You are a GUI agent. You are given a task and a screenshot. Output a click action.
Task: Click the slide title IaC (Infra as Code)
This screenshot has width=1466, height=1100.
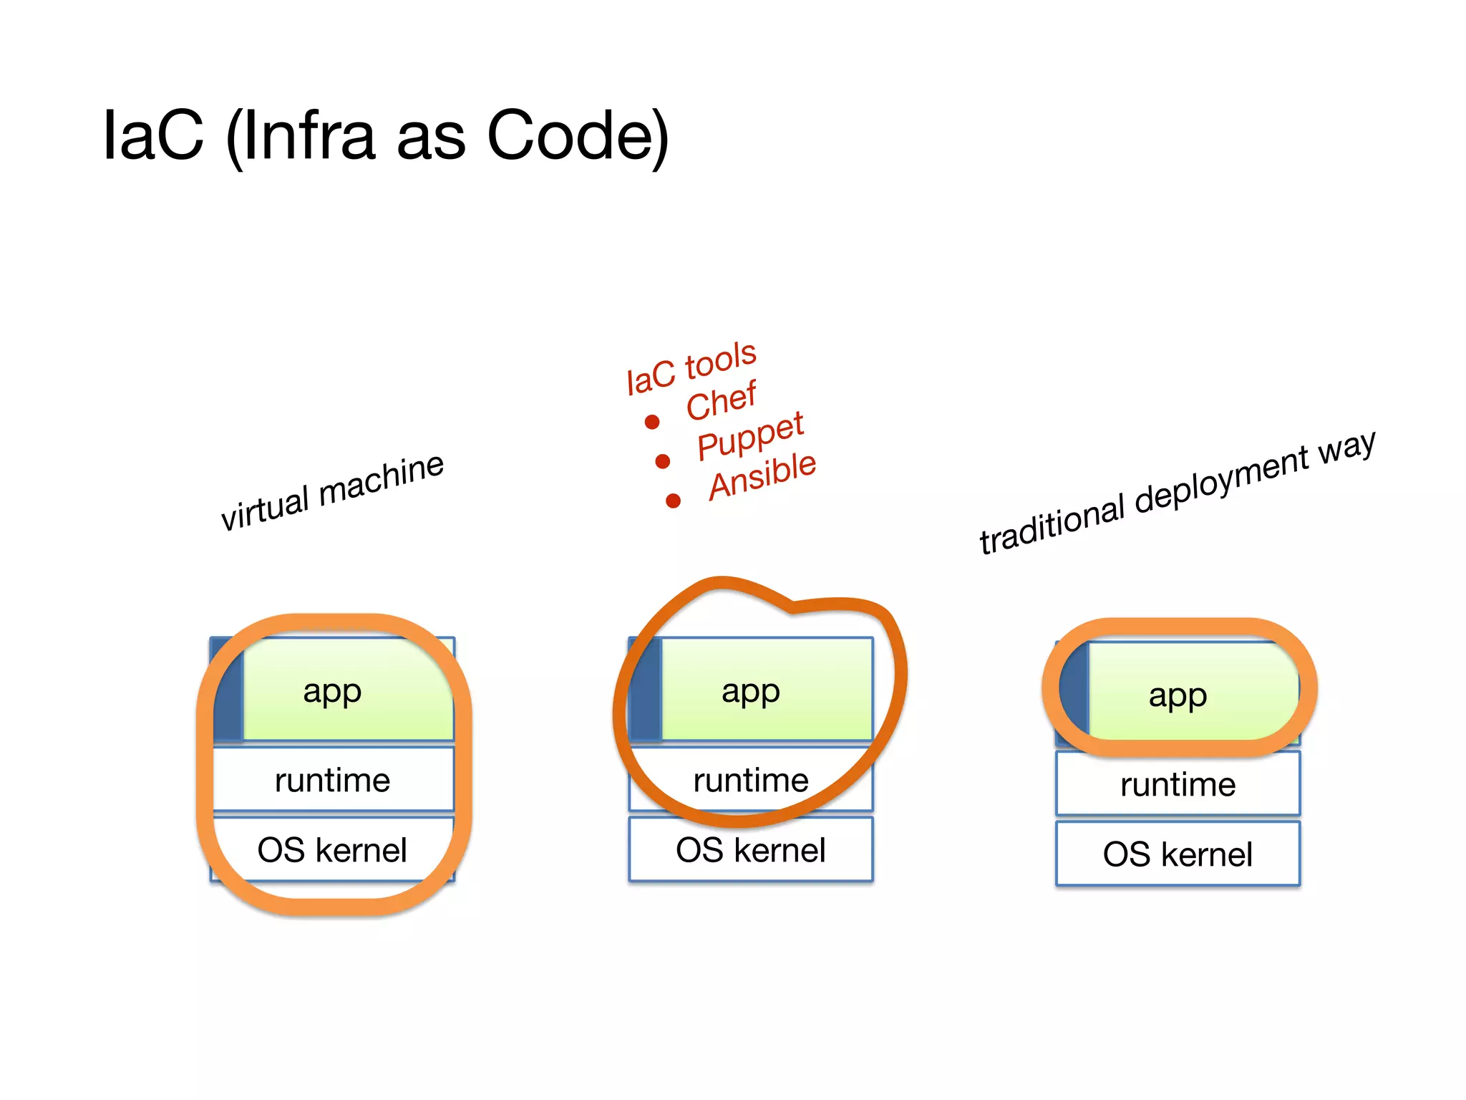[387, 136]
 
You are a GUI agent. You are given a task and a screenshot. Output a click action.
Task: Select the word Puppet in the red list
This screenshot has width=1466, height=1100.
[750, 436]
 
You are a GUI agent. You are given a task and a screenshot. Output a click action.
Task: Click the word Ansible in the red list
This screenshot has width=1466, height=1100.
[762, 476]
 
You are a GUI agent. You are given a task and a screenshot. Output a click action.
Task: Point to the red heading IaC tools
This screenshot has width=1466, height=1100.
[691, 368]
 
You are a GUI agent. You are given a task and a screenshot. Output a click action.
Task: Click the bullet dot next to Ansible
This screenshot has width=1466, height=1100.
[673, 501]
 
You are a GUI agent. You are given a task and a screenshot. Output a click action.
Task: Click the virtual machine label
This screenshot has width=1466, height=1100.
[332, 492]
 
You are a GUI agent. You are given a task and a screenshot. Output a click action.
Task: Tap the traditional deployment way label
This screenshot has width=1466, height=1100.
[1177, 493]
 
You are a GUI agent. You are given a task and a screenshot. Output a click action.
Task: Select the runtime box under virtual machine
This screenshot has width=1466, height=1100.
[333, 779]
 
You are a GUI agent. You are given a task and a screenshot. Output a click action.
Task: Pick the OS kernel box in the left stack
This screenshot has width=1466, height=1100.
[333, 849]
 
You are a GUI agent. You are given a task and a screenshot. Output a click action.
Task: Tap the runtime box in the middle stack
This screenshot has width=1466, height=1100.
[751, 779]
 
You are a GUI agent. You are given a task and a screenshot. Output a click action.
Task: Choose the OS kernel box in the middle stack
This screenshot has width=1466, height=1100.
[751, 849]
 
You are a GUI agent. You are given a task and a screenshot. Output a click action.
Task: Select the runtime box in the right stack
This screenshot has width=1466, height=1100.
[1178, 783]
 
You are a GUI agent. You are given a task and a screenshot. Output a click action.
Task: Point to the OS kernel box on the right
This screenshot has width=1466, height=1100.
[1178, 854]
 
